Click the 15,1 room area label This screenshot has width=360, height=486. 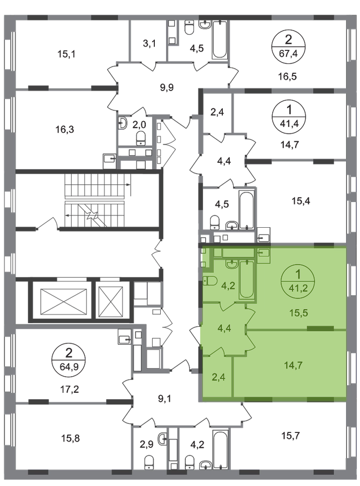[x=66, y=54]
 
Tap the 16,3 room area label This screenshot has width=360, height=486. [x=65, y=129]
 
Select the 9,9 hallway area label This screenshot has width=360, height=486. [x=167, y=88]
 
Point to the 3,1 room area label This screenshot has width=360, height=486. [x=149, y=44]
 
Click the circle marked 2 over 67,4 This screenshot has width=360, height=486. [x=288, y=47]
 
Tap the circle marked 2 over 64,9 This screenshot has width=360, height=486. [x=69, y=360]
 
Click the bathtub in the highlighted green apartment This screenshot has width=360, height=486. [x=246, y=280]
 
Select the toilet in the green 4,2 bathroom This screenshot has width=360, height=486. [x=210, y=281]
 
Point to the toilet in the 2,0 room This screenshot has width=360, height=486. [x=141, y=138]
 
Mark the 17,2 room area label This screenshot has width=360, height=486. [x=69, y=389]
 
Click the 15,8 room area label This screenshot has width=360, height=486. [x=71, y=438]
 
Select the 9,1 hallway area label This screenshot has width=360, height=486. [x=165, y=399]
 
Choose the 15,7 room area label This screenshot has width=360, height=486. [x=290, y=436]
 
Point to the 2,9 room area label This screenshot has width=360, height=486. [x=147, y=445]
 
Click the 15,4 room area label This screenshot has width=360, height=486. [x=301, y=201]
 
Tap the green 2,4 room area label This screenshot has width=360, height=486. [x=218, y=377]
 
